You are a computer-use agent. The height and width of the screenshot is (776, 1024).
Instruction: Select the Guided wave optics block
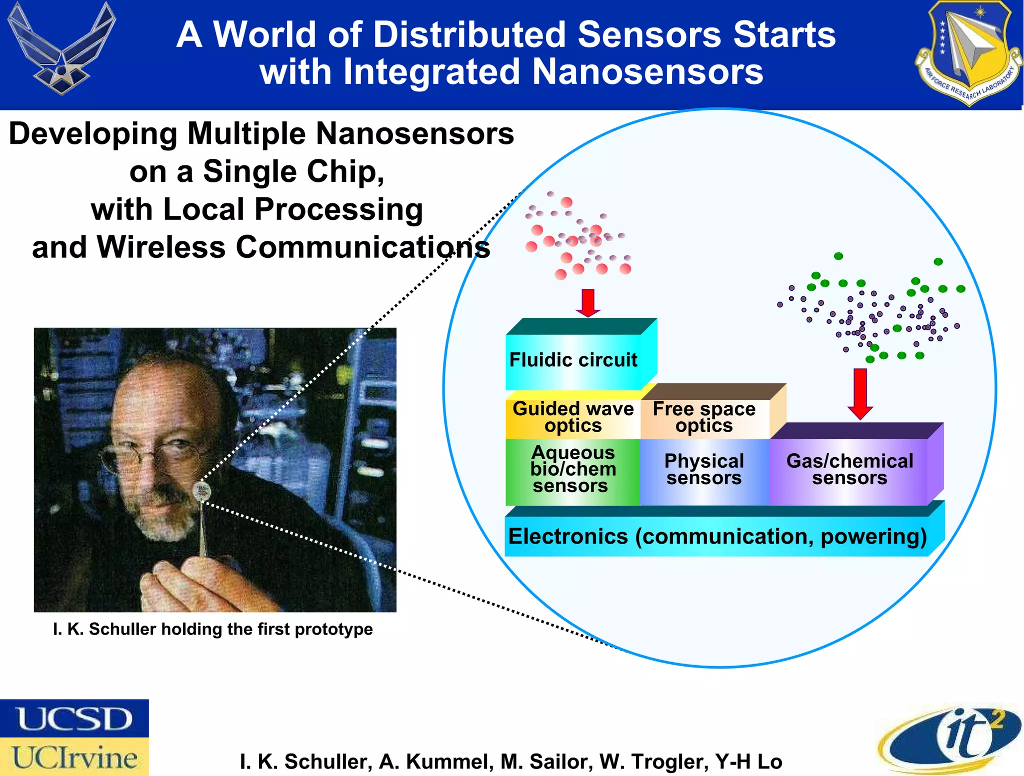pos(573,418)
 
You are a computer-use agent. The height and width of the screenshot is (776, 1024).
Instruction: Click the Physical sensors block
pos(704,470)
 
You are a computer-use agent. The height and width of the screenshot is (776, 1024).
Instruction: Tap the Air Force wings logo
pos(62,48)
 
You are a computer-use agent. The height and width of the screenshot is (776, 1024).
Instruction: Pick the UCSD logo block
pos(74,719)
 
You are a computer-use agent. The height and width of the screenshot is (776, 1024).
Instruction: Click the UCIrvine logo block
pos(74,757)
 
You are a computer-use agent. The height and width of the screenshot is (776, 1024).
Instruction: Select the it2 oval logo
pos(950,740)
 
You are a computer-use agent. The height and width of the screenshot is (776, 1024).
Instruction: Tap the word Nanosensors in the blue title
pos(647,72)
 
